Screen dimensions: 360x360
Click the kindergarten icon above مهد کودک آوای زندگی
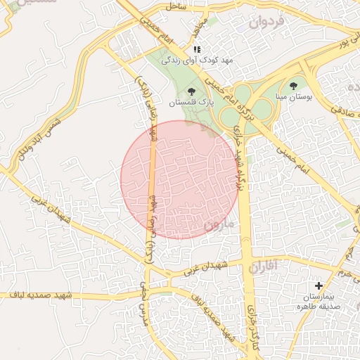click(x=197, y=49)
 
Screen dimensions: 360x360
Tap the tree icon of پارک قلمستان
click(x=191, y=91)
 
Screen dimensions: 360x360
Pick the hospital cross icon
click(x=319, y=286)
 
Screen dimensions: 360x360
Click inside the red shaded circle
click(x=179, y=179)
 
